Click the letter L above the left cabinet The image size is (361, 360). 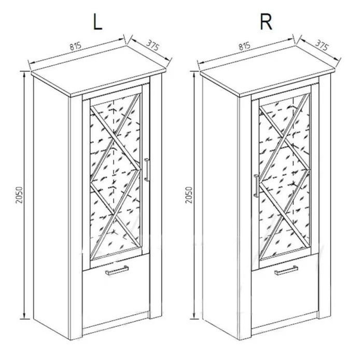click(98, 23)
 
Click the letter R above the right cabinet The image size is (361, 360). click(266, 23)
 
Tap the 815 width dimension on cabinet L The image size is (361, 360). click(76, 46)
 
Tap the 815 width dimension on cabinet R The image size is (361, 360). click(244, 46)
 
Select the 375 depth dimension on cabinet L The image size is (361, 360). click(152, 45)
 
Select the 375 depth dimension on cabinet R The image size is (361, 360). click(322, 45)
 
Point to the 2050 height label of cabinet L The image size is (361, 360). click(20, 195)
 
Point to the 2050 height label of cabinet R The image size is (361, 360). click(189, 195)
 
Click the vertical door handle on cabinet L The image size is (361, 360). click(147, 170)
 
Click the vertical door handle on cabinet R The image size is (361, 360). click(256, 186)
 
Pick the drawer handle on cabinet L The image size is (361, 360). click(117, 270)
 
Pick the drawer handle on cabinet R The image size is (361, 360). click(286, 270)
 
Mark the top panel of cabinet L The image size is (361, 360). click(99, 72)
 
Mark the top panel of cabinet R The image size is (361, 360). click(268, 72)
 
